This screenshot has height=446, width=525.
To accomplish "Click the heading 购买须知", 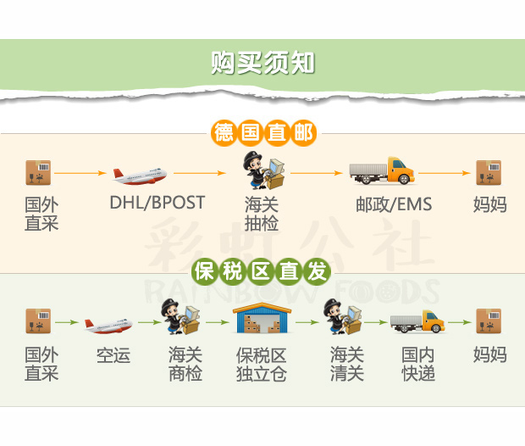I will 262,63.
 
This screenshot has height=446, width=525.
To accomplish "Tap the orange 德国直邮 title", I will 262,133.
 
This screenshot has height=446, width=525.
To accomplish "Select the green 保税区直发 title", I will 262,272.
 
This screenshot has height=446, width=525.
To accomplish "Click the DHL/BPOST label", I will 157,203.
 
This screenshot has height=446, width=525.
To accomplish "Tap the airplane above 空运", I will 109,325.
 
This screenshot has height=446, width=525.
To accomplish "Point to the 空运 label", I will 113,355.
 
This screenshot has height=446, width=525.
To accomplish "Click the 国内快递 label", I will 418,364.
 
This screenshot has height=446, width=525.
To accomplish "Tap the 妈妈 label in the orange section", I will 489,204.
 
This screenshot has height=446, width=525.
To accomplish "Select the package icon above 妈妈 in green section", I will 489,321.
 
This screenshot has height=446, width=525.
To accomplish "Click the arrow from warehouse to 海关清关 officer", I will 307,322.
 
